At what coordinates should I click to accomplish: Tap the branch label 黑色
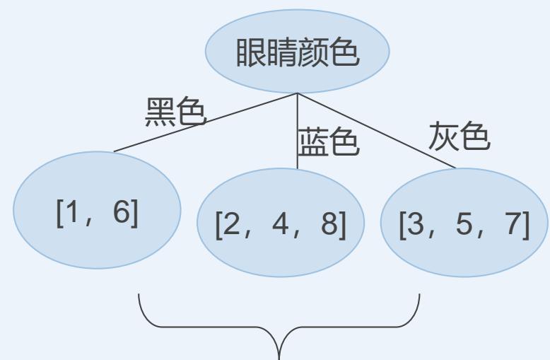click(175, 112)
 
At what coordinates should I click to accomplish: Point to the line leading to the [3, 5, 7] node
click(378, 131)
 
